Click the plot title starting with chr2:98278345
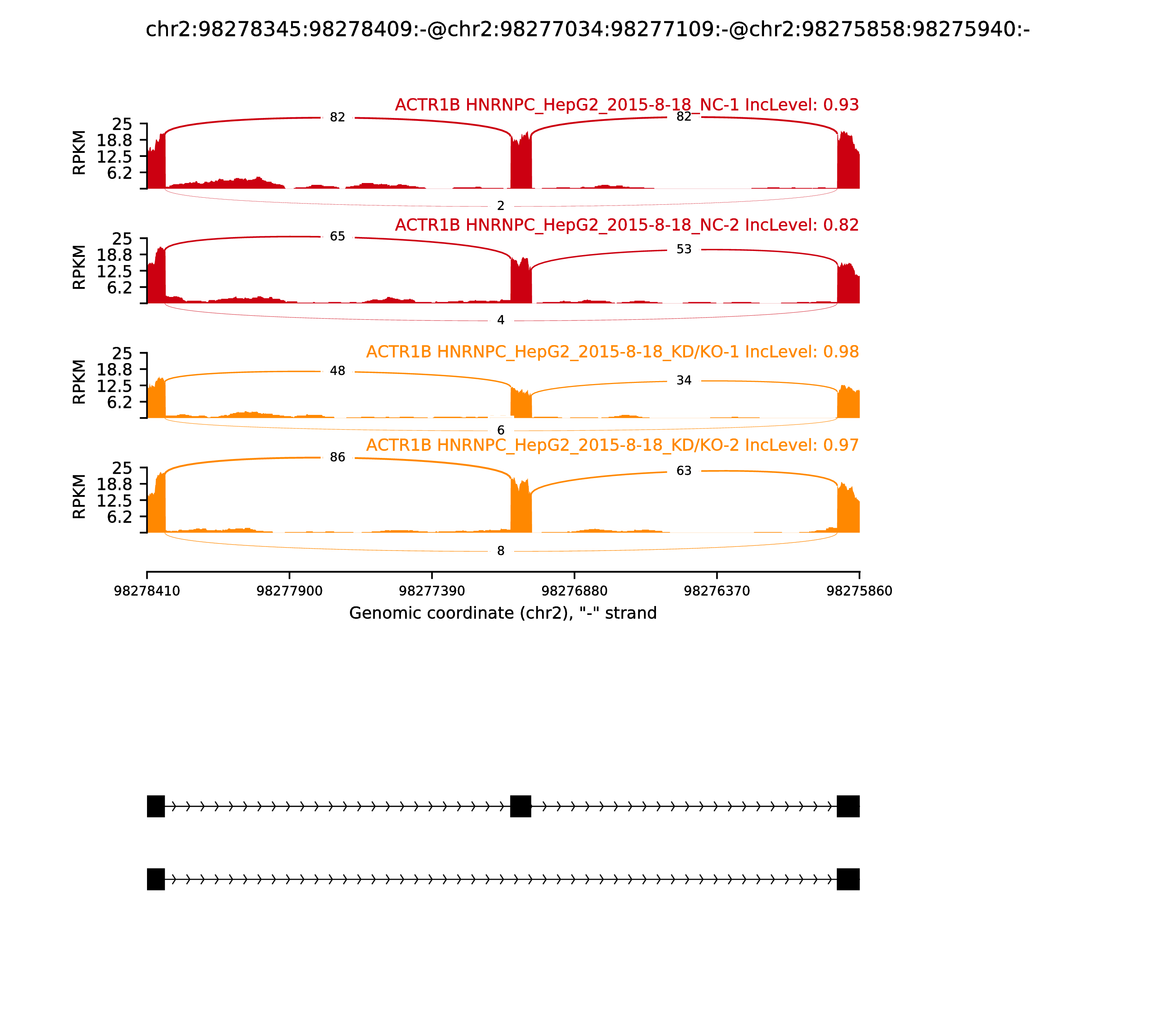[x=587, y=29]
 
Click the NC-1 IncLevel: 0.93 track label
[x=627, y=105]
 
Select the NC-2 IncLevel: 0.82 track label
[x=627, y=225]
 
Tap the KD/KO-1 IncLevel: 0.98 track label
[x=612, y=352]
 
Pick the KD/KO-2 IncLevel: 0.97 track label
[x=612, y=445]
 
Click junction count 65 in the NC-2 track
[x=338, y=237]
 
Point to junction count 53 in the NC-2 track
[x=684, y=249]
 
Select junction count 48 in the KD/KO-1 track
[x=338, y=371]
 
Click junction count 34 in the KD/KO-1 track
[x=684, y=380]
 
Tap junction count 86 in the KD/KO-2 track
[x=338, y=457]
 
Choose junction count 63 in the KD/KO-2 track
[x=684, y=471]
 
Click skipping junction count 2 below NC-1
[x=501, y=205]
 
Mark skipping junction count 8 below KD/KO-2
[x=501, y=551]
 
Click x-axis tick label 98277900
[x=290, y=591]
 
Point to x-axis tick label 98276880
[x=574, y=591]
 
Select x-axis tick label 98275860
[x=859, y=591]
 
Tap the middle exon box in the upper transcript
[x=520, y=806]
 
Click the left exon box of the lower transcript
[x=155, y=879]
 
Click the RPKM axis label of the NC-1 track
[x=79, y=153]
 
